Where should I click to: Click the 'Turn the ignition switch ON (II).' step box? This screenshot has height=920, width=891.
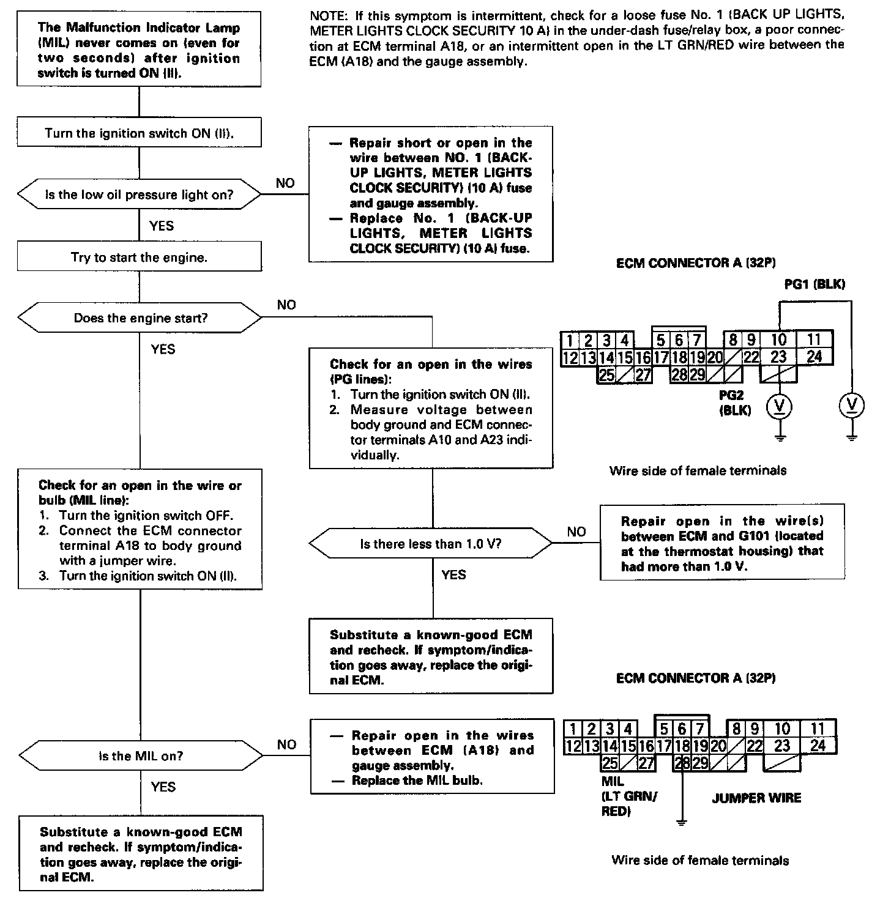pos(140,133)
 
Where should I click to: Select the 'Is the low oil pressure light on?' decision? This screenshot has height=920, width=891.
pos(140,195)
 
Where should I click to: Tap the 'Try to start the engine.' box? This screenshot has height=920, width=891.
pos(140,258)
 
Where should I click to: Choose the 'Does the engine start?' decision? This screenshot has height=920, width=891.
pos(140,318)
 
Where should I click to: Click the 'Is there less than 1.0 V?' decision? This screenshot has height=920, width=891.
pos(431,543)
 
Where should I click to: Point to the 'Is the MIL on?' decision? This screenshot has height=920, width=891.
pos(141,755)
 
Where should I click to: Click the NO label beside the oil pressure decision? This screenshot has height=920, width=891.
pos(285,183)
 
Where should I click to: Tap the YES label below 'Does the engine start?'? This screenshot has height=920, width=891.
pos(163,349)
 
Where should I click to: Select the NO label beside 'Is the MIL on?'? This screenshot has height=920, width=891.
pos(286,744)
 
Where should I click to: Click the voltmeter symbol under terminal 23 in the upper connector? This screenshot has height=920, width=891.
pos(779,406)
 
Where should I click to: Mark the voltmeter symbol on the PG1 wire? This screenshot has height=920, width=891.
pos(852,405)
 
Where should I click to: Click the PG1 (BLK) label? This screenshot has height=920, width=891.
pos(815,284)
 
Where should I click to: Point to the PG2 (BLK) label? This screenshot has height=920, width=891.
pos(735,402)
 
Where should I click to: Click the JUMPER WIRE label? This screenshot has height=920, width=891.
pos(756,798)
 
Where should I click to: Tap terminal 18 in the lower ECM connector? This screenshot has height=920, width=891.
pos(682,746)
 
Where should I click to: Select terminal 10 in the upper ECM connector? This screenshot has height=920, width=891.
pos(779,339)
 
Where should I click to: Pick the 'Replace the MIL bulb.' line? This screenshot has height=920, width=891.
pos(417,780)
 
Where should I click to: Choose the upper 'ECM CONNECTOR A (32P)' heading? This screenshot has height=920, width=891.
pos(696,263)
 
